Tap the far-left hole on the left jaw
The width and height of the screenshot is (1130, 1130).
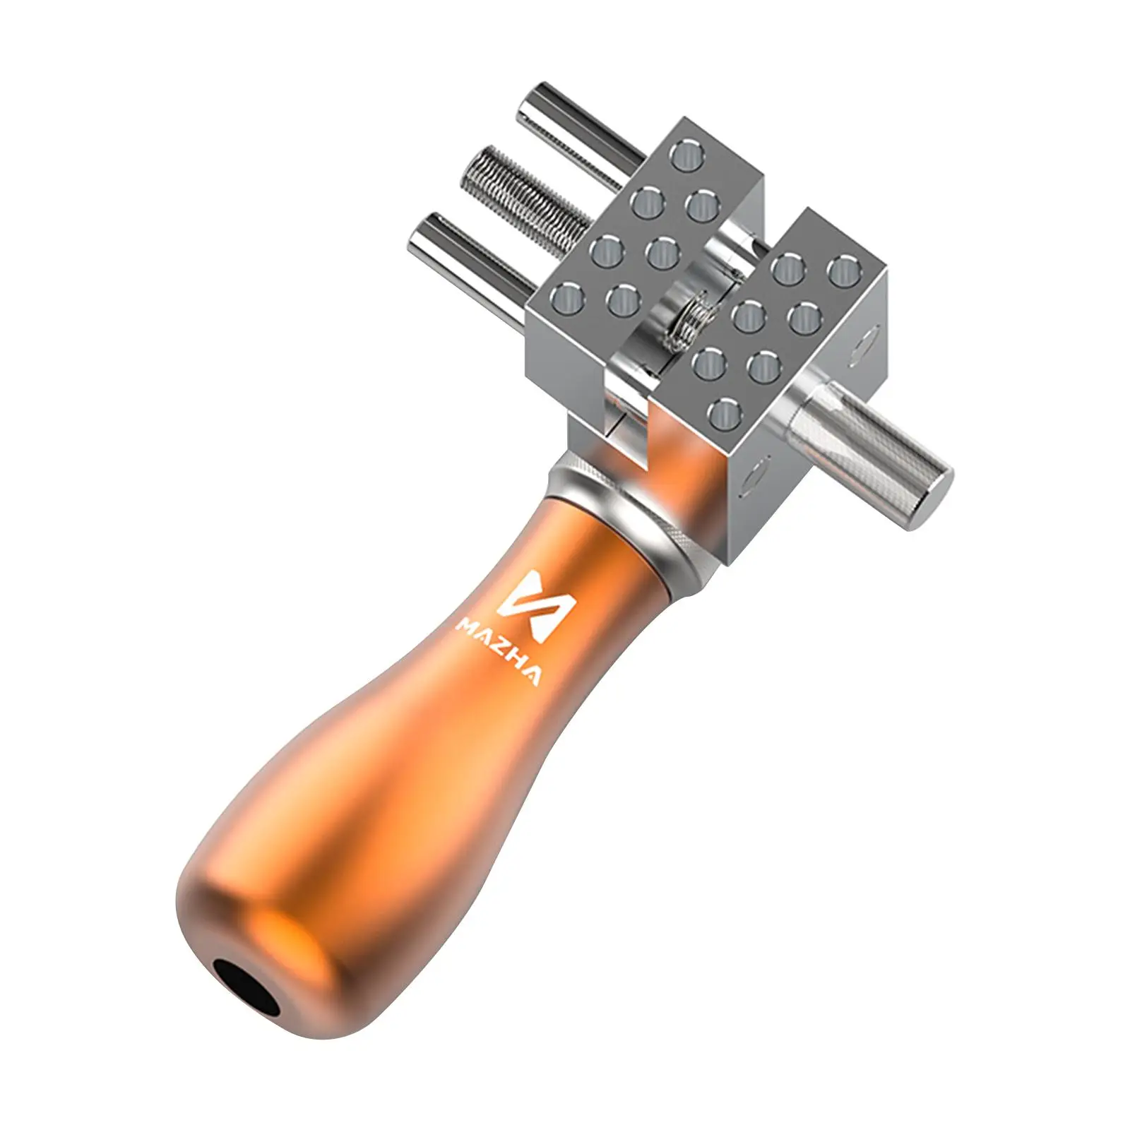572,297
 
